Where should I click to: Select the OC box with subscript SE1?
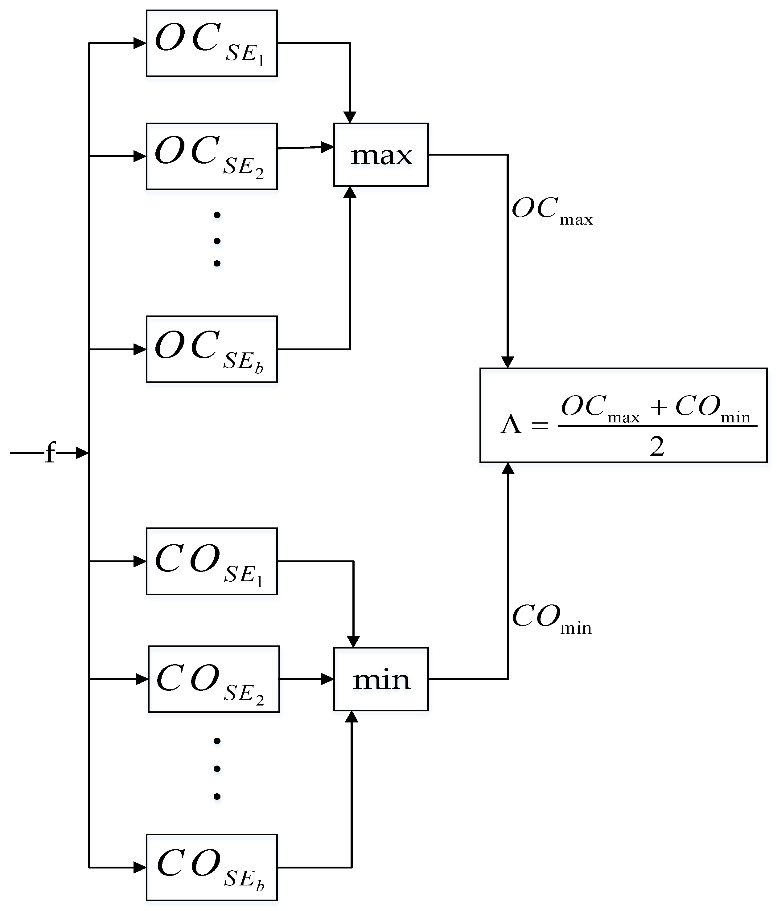212,43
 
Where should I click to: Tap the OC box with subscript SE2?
212,157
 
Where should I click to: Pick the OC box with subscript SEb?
212,350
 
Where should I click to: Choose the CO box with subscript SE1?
212,561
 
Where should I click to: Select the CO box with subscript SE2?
214,679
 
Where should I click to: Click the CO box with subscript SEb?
212,868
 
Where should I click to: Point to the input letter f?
51,453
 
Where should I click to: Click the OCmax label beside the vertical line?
552,211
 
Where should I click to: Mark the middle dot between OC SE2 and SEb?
216,241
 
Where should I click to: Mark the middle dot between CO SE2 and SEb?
216,769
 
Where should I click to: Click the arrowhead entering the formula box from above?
508,362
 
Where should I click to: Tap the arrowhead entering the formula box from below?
508,469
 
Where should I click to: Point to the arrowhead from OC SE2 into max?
327,147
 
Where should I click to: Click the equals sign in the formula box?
540,425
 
